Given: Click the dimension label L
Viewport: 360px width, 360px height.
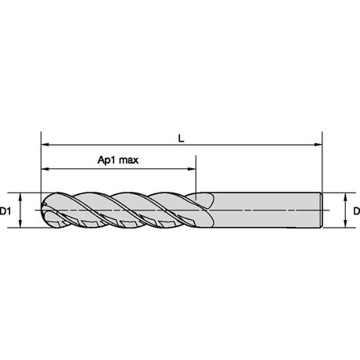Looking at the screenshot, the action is click(x=181, y=139).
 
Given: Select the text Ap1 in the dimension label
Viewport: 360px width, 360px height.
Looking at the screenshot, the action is click(x=106, y=160).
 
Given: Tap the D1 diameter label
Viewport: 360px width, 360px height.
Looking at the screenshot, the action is click(x=5, y=211).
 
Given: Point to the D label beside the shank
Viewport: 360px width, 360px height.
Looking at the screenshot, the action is click(x=356, y=211).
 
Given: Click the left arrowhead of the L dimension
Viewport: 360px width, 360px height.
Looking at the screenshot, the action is click(x=45, y=144).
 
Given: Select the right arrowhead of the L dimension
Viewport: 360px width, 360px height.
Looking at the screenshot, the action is click(x=319, y=144).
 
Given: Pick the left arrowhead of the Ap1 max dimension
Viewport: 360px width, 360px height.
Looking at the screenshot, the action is click(x=45, y=169).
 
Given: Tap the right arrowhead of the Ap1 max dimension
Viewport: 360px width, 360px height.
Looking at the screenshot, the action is click(x=192, y=169).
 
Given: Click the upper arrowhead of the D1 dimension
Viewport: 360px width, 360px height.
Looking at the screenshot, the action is click(x=20, y=197).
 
